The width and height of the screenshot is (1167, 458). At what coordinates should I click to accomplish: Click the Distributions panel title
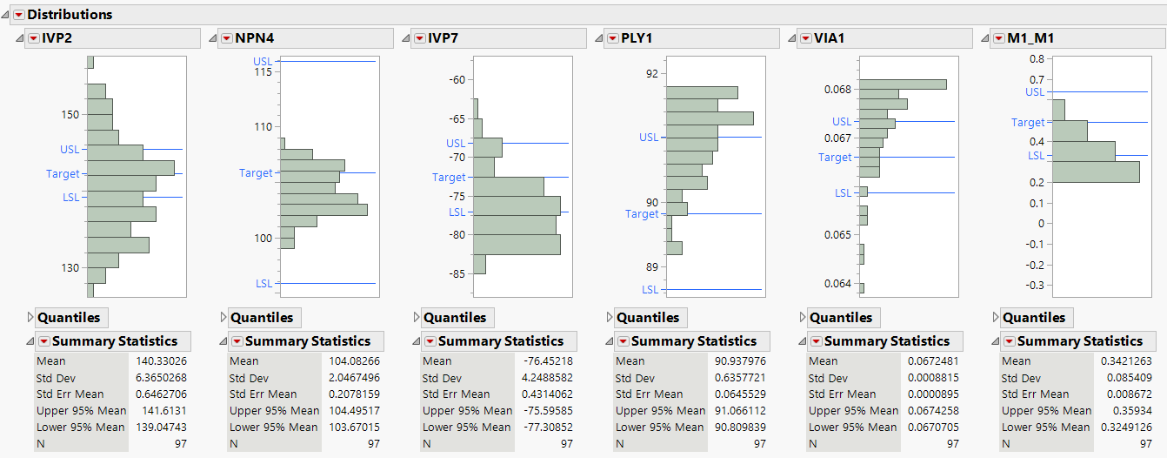pyautogui.click(x=70, y=15)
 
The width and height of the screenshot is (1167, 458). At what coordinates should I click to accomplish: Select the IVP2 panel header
pyautogui.click(x=57, y=38)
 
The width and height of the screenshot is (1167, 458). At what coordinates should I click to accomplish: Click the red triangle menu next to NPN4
pyautogui.click(x=227, y=38)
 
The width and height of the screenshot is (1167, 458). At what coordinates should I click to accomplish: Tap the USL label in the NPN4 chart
pyautogui.click(x=263, y=61)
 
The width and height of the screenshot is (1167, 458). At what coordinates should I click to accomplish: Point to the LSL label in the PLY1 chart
pyautogui.click(x=650, y=289)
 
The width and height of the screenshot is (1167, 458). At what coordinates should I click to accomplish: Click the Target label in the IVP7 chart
pyautogui.click(x=449, y=178)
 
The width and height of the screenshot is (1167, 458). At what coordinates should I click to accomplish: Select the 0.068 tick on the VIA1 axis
pyautogui.click(x=838, y=89)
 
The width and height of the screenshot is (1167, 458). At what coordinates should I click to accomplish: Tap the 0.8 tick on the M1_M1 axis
pyautogui.click(x=1037, y=59)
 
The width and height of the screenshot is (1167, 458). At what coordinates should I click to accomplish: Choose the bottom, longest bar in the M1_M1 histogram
pyautogui.click(x=1096, y=172)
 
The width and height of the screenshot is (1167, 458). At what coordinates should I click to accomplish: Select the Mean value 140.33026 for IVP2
pyautogui.click(x=161, y=361)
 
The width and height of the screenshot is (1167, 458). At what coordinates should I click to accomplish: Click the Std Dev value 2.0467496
pyautogui.click(x=354, y=378)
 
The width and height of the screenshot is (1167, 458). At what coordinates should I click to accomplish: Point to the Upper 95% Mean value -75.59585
pyautogui.click(x=547, y=411)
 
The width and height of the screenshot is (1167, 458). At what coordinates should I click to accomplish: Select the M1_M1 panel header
pyautogui.click(x=1030, y=38)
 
